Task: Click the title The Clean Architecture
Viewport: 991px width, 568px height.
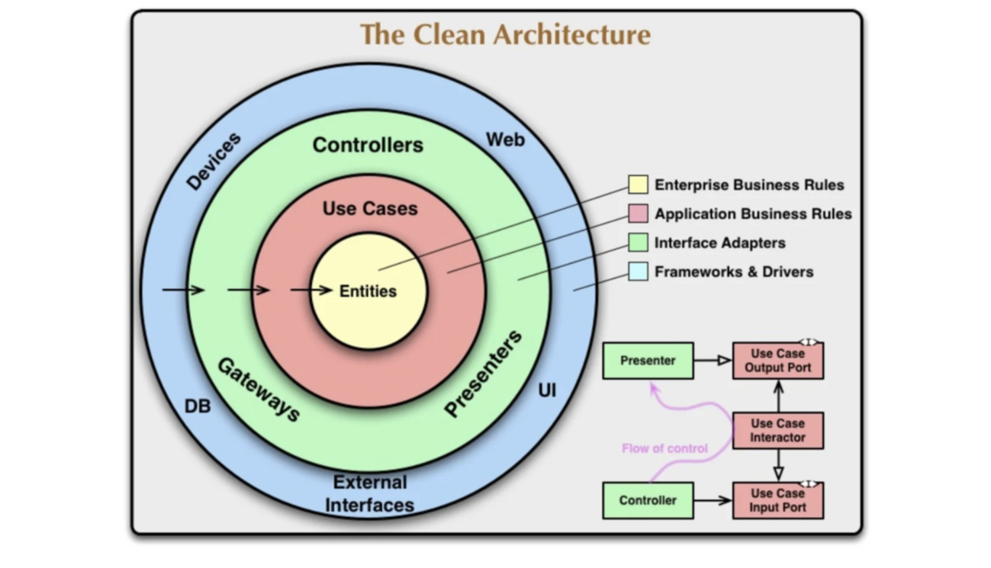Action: click(x=505, y=35)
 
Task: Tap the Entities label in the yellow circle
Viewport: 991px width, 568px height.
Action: click(x=368, y=291)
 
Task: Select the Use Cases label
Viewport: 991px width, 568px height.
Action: click(x=370, y=209)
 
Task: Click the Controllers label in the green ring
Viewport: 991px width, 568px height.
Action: click(x=368, y=145)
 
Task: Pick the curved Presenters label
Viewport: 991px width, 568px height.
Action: click(x=484, y=374)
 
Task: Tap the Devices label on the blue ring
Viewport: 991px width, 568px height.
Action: click(x=214, y=161)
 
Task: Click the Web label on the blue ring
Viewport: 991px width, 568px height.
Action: click(x=505, y=140)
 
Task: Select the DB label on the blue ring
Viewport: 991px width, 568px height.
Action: click(x=198, y=406)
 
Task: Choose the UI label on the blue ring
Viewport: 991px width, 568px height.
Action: click(x=547, y=391)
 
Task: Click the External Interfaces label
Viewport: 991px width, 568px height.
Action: click(x=370, y=493)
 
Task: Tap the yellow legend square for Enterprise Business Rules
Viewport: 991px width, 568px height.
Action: click(x=638, y=185)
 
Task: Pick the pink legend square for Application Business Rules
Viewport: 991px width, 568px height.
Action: click(x=638, y=213)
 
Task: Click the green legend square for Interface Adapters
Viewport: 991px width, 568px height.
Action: click(x=638, y=242)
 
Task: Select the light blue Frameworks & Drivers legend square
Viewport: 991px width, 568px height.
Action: click(x=638, y=271)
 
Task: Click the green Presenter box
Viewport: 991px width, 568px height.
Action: click(x=648, y=361)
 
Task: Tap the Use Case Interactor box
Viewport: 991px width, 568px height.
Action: click(x=777, y=431)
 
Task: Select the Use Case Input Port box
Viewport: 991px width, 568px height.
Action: click(x=777, y=501)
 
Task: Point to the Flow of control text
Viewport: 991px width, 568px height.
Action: click(x=664, y=448)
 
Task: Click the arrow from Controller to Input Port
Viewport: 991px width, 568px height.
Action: click(x=713, y=501)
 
